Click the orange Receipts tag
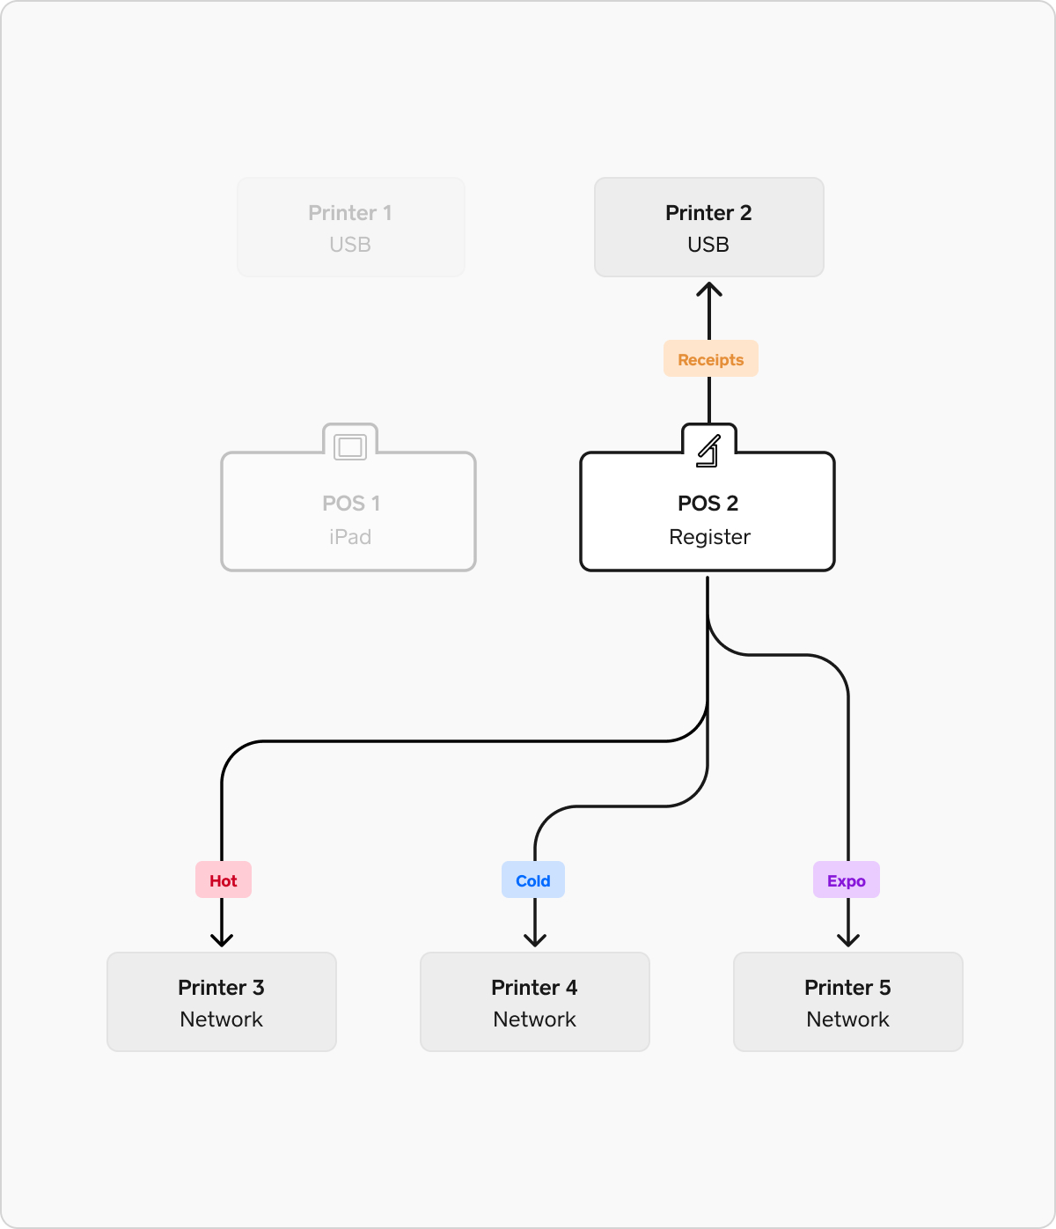tap(710, 358)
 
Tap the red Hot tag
tap(223, 879)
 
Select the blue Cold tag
tap(532, 879)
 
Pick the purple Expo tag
tap(846, 879)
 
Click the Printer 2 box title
tap(708, 212)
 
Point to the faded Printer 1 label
tap(350, 212)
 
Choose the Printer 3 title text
tap(221, 987)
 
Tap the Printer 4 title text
tap(534, 987)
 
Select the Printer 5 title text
tap(847, 987)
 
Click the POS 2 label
tap(708, 503)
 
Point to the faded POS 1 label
tap(350, 503)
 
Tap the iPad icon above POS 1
tap(350, 447)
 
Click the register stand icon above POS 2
tap(708, 451)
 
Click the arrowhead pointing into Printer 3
tap(222, 940)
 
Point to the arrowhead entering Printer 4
tap(535, 940)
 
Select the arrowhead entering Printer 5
tap(848, 940)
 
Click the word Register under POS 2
tap(709, 537)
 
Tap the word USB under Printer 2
tap(708, 245)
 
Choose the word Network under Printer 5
tap(847, 1019)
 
